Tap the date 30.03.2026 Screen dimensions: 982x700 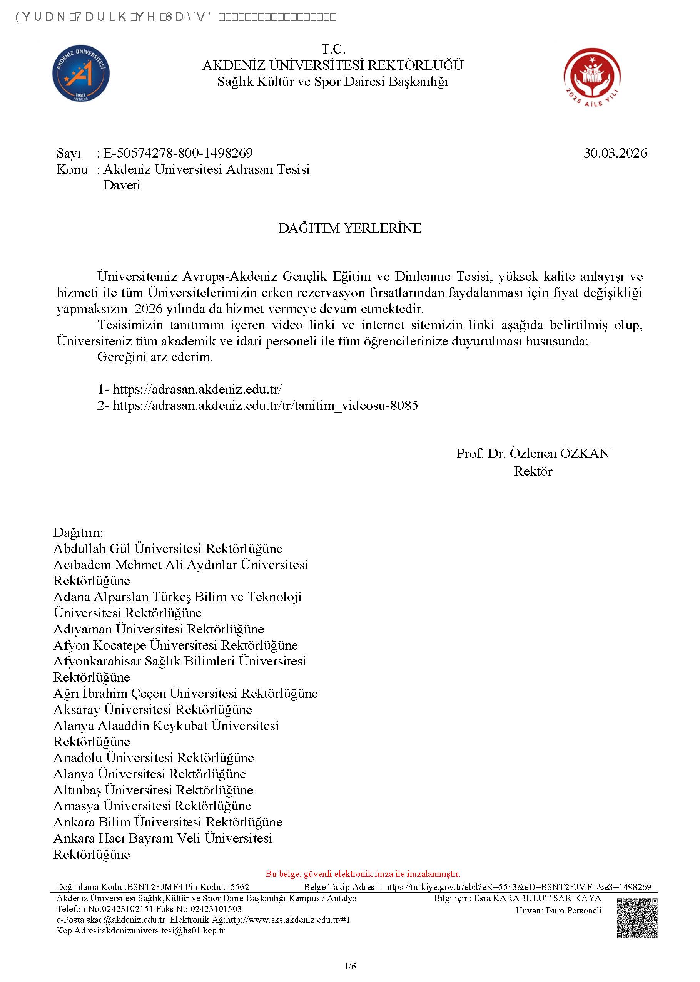pyautogui.click(x=615, y=153)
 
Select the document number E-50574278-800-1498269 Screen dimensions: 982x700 pyautogui.click(x=177, y=153)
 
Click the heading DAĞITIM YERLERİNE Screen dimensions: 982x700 pyautogui.click(x=349, y=228)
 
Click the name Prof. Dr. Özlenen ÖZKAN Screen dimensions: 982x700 pyautogui.click(x=533, y=453)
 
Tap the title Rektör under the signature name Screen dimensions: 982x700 pyautogui.click(x=533, y=471)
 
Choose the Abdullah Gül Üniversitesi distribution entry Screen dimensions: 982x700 pyautogui.click(x=168, y=549)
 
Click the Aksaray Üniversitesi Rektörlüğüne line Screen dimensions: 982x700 pyautogui.click(x=153, y=709)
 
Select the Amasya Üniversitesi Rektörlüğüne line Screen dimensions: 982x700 pyautogui.click(x=152, y=806)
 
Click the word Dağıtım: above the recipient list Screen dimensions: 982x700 pyautogui.click(x=78, y=533)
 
